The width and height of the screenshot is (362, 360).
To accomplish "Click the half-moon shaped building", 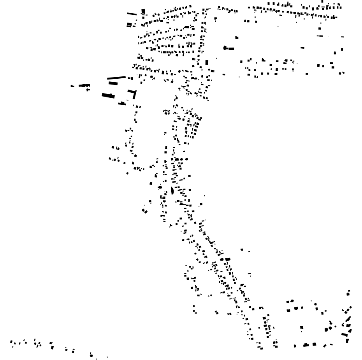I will coord(172,191).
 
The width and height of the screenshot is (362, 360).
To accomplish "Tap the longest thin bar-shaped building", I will coord(116,78).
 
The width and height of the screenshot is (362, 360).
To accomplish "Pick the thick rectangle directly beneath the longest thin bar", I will coord(113,83).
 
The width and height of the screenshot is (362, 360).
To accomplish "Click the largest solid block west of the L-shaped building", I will coord(108,95).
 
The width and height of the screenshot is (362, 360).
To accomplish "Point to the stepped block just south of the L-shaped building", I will coord(122,103).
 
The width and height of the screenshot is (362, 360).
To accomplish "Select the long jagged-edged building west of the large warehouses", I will coord(84,85).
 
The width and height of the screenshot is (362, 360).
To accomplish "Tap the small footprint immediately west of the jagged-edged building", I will coord(72,86).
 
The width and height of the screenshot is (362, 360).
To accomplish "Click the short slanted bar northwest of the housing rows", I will coord(132,14).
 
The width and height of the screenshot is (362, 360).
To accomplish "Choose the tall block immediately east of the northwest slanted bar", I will coord(143,11).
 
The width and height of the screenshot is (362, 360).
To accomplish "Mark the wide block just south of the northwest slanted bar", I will coord(129,25).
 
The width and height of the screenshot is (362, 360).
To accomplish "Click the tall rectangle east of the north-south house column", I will coord(207,62).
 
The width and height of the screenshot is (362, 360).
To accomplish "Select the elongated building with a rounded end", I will coord(229,48).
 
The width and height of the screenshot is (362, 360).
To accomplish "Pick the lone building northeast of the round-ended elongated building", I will coord(237,37).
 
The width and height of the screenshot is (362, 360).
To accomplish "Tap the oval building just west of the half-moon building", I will coord(160,187).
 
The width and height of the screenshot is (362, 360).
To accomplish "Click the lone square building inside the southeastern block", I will coord(302,328).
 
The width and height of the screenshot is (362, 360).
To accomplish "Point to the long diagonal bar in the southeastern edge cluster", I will coord(348,319).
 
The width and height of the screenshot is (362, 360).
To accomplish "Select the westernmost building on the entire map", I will coord(11,343).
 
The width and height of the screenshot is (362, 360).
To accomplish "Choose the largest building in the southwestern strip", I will coord(52,346).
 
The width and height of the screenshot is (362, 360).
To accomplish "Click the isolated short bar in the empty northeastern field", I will coord(302,48).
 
